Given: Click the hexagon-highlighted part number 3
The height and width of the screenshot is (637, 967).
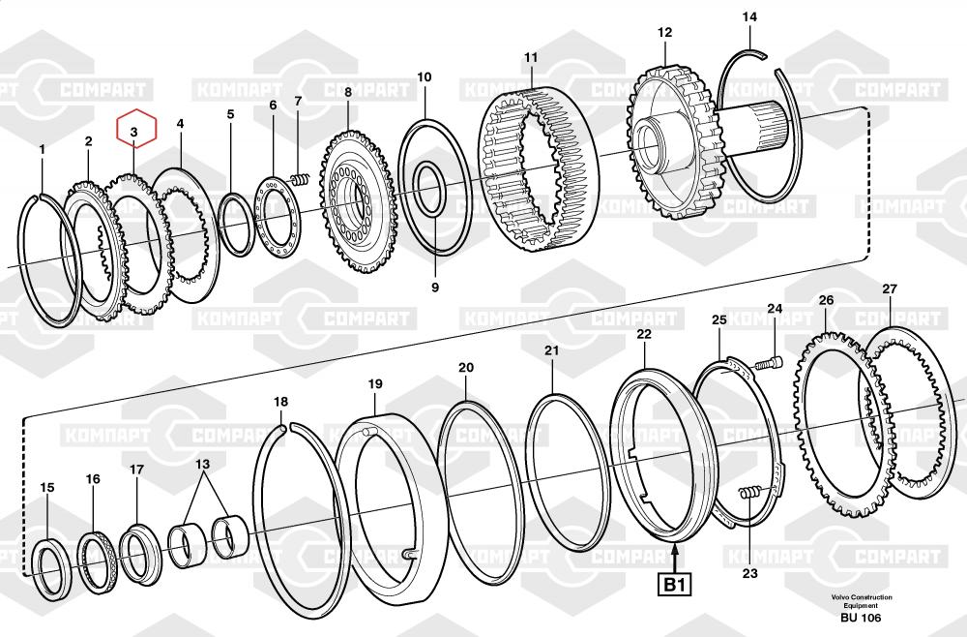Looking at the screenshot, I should (135, 130).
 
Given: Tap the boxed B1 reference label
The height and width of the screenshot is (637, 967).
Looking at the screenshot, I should (674, 585).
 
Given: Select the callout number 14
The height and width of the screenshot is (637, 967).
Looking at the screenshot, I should (749, 17).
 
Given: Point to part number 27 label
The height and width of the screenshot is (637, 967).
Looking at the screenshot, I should (890, 289).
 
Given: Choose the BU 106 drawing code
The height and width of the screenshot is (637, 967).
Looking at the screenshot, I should (860, 618).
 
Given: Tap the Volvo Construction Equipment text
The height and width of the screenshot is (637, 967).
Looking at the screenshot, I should (860, 601).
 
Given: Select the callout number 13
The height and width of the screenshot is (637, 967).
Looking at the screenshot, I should (202, 464).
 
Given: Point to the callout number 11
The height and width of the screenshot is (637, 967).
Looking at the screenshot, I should (531, 58).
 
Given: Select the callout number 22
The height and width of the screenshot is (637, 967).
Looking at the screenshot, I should (644, 334).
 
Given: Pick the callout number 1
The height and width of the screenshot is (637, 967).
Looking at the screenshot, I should (42, 149).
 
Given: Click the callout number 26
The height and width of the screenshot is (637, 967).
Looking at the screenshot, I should (825, 300).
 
